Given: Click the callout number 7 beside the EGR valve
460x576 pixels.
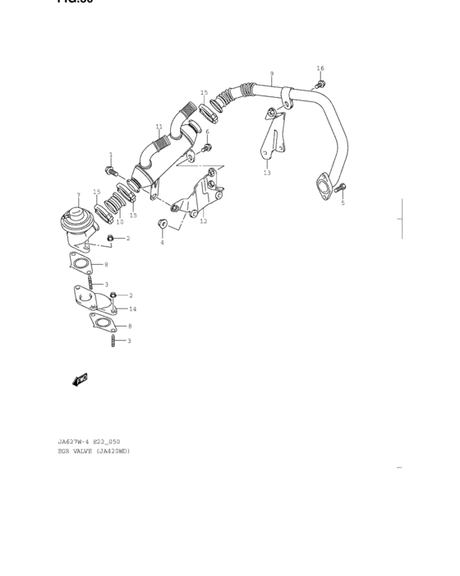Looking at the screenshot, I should [x=78, y=195].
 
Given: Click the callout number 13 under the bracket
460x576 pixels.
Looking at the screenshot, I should [x=267, y=173].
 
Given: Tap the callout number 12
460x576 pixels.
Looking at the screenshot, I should [x=203, y=221].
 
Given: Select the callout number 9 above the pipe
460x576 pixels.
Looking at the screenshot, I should [x=271, y=74].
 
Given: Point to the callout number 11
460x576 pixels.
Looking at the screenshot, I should [x=159, y=127].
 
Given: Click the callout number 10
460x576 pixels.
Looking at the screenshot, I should [x=119, y=221].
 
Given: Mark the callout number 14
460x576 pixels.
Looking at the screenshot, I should [x=132, y=309].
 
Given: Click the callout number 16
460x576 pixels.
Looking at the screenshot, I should [x=320, y=68].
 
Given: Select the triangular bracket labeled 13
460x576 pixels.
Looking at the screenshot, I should [x=271, y=136].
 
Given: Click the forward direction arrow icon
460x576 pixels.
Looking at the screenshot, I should [x=80, y=380].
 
